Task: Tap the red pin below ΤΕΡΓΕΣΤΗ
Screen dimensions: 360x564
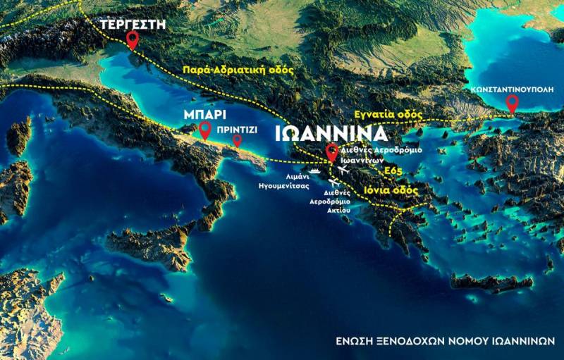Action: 132,40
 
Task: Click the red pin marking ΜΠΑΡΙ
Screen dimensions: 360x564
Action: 205,130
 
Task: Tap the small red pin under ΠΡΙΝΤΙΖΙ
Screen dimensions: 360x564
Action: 238,140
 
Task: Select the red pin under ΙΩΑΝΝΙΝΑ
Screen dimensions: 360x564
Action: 332,151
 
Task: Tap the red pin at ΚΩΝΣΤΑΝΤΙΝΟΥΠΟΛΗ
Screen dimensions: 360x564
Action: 513,104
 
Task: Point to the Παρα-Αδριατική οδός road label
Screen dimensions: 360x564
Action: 238,70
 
